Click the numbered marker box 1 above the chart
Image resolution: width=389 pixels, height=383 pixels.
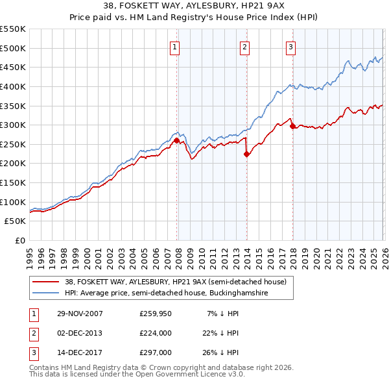point(176,47)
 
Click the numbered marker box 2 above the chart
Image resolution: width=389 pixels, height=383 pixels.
point(245,47)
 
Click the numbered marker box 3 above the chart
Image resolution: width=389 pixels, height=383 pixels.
point(291,47)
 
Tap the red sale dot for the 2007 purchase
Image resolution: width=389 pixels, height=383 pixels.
point(176,140)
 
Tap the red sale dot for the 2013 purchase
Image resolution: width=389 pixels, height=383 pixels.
point(246,154)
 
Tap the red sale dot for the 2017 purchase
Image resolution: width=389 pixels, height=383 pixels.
point(292,126)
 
